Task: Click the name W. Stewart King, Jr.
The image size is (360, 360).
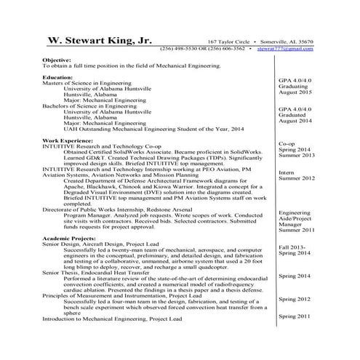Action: click(x=100, y=41)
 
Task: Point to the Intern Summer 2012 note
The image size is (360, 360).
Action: click(x=297, y=175)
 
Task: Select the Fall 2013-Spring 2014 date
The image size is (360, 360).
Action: click(x=297, y=249)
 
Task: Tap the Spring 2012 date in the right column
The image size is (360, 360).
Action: click(x=295, y=299)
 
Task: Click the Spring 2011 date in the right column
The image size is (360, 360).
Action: click(x=295, y=317)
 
